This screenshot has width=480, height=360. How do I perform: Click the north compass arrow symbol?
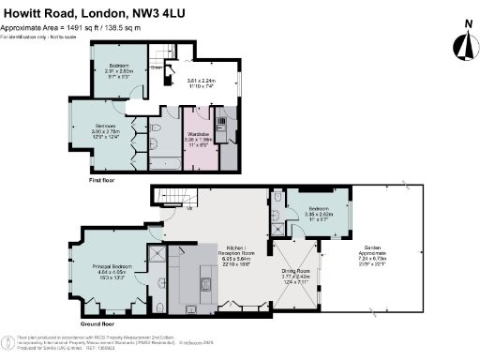point(459,43)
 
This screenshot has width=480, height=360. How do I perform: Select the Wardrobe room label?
point(198,141)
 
